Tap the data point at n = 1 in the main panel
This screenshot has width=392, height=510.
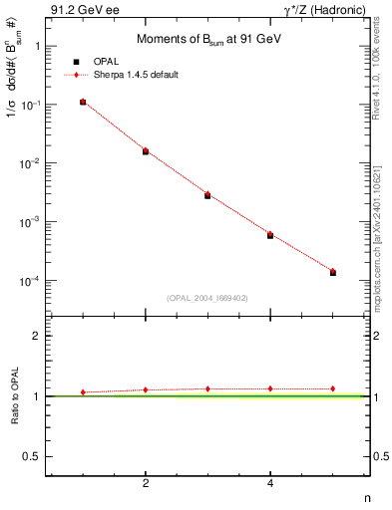[83, 102]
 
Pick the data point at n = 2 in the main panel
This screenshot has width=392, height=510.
[146, 150]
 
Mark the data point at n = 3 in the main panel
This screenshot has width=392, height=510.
[207, 194]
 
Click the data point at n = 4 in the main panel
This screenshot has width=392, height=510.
[270, 235]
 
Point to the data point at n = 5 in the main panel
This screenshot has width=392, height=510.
[333, 272]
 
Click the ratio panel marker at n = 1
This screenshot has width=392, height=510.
[83, 392]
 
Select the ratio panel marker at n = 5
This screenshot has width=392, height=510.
[333, 388]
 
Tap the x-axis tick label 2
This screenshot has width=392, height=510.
[146, 484]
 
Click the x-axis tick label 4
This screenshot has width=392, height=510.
[270, 484]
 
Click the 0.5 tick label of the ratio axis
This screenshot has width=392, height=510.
[34, 456]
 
